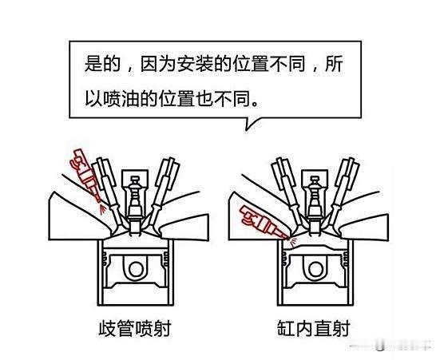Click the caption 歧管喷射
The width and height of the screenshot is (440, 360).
point(135,328)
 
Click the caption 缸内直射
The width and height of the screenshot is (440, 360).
point(314,328)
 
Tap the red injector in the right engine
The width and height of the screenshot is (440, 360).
point(261,222)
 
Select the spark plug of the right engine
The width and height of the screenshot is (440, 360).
point(315,205)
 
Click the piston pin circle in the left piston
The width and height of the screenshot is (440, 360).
point(136,269)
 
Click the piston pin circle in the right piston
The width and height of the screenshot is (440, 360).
point(315,269)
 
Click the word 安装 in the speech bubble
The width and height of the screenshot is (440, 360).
point(196,65)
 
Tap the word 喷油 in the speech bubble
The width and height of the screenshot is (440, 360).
point(121,98)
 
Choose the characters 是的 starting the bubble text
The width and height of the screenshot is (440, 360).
point(103,65)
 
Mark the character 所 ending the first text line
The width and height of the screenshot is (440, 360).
point(334,65)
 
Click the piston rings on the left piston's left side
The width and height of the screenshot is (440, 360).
point(105,259)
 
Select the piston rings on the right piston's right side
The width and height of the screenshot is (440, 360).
point(346,259)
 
